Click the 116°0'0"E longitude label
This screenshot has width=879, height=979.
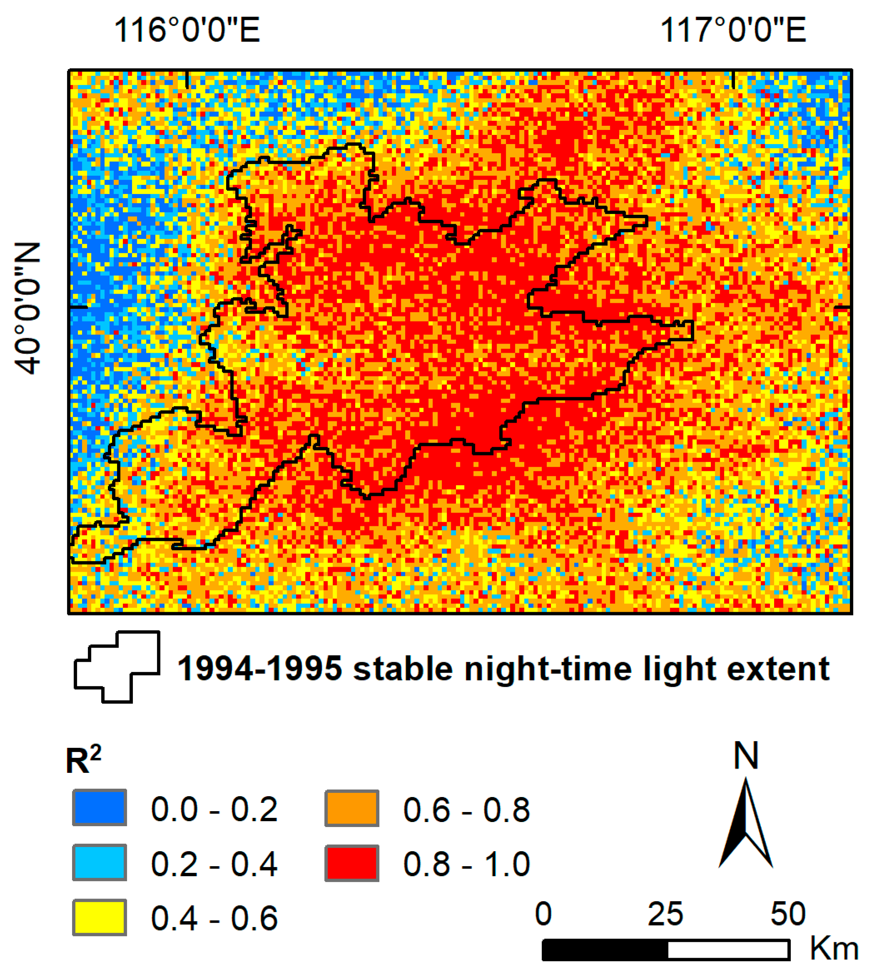(x=187, y=30)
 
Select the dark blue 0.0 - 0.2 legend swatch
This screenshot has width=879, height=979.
(x=100, y=807)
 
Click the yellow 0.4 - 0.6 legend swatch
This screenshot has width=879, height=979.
(x=100, y=917)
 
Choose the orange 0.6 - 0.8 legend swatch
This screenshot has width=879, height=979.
(x=351, y=807)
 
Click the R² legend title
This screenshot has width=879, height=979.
(x=83, y=761)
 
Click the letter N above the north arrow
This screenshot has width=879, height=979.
(x=746, y=756)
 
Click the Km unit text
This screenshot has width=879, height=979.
(x=834, y=949)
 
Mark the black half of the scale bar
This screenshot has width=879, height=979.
(x=605, y=950)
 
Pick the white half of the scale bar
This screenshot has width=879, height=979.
(x=728, y=950)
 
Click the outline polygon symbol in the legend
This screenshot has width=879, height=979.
(x=117, y=667)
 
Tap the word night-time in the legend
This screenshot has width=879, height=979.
(x=548, y=669)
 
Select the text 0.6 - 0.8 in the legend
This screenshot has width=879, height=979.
(x=466, y=810)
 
